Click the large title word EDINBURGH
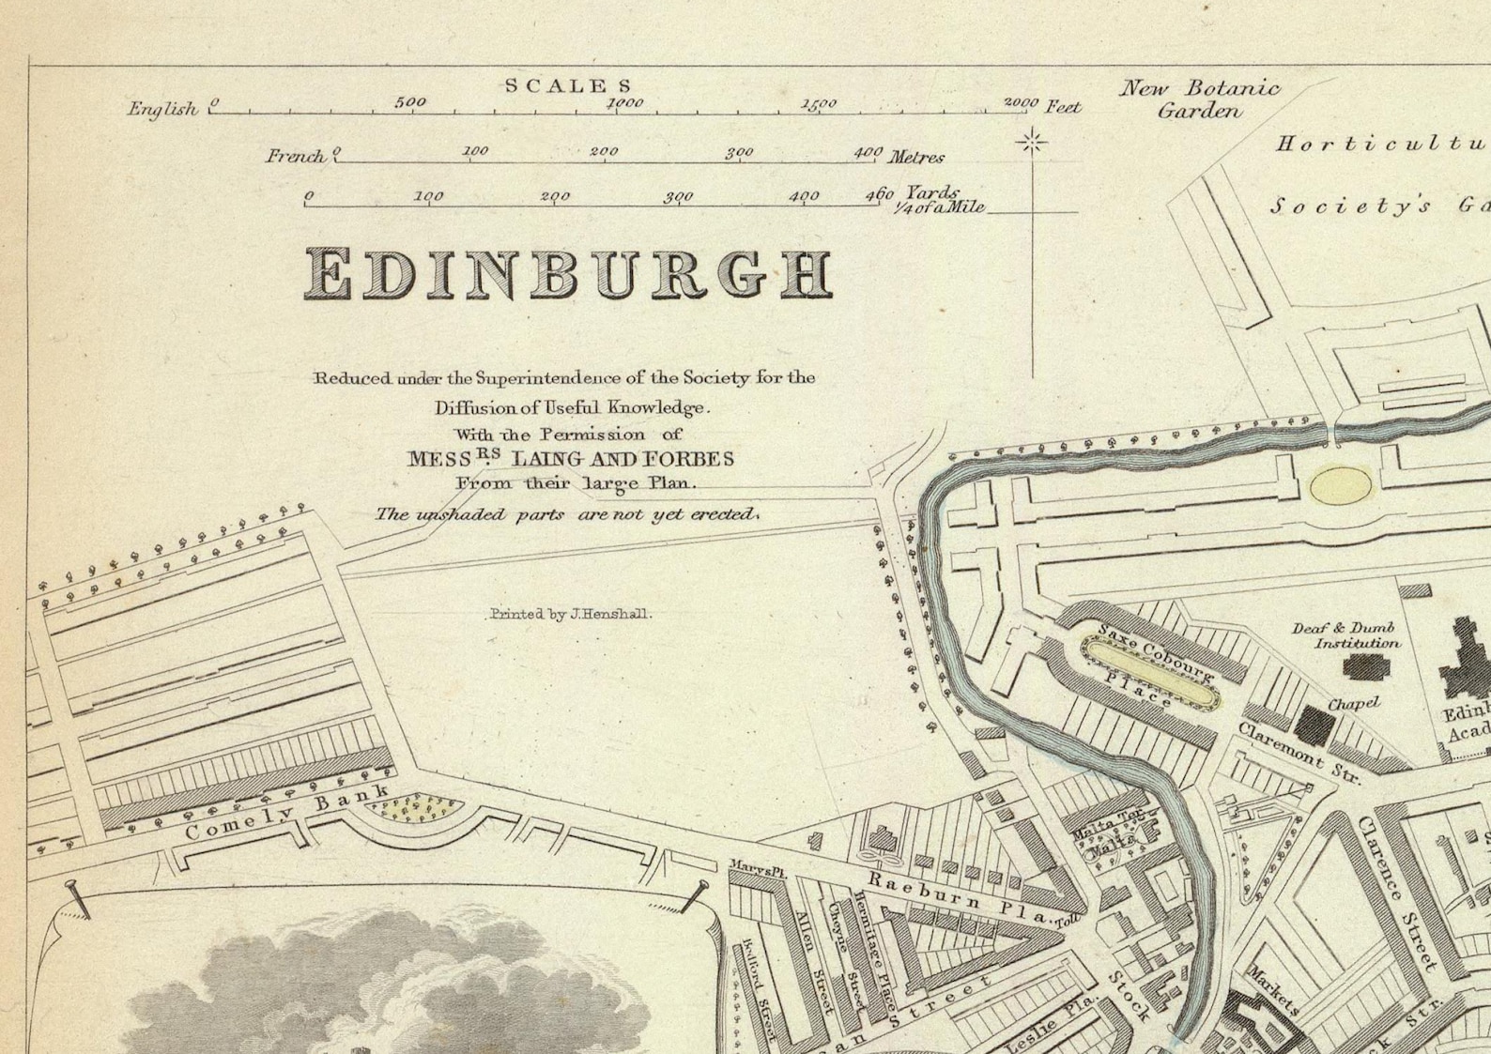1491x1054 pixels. click(x=569, y=274)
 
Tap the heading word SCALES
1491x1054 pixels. click(x=569, y=85)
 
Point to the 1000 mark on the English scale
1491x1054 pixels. click(x=625, y=103)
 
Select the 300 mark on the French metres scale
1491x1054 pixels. click(x=740, y=152)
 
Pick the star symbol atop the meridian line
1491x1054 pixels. click(x=1033, y=143)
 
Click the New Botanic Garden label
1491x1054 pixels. click(x=1199, y=99)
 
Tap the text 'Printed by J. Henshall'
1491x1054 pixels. click(x=570, y=615)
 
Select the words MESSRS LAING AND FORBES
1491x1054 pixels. click(x=570, y=459)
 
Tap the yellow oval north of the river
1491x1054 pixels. click(x=1341, y=487)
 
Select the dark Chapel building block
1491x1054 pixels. click(x=1315, y=723)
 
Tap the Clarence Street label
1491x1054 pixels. click(x=1396, y=893)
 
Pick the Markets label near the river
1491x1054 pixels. click(x=1273, y=991)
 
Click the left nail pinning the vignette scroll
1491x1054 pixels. click(x=75, y=897)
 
